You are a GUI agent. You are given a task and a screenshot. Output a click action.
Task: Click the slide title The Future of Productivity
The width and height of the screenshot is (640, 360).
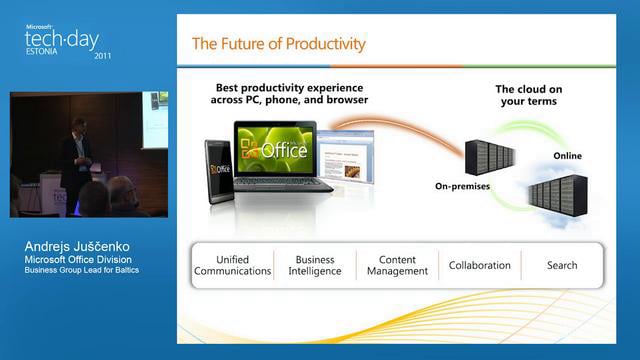279,44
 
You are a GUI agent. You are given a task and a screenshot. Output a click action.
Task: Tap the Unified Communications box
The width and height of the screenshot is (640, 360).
233,265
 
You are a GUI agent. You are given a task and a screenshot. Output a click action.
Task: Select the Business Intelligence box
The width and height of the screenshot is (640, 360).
315,265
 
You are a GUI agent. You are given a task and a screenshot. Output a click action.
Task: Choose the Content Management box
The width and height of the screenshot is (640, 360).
397,265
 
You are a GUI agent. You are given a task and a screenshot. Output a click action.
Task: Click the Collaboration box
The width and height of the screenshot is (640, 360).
479,265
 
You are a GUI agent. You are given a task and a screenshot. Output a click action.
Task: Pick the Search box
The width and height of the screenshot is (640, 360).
562,265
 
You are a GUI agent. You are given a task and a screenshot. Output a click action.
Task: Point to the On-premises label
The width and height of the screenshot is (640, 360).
462,186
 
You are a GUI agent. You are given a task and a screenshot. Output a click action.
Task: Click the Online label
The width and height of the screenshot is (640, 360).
567,156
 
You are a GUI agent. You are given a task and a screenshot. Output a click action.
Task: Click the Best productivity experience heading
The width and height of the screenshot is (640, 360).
290,93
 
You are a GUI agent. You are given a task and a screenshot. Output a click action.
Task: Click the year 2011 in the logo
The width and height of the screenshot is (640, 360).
103,56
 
